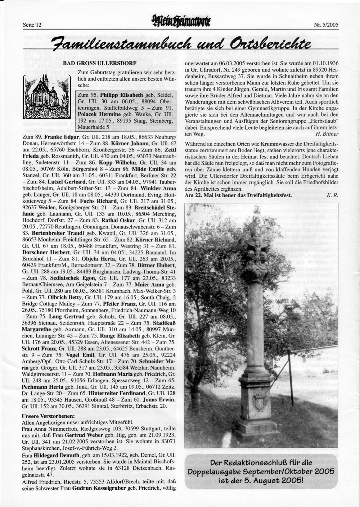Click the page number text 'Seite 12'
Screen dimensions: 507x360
coord(32,25)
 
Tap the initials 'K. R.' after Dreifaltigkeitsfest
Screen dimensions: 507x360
coord(332,195)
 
